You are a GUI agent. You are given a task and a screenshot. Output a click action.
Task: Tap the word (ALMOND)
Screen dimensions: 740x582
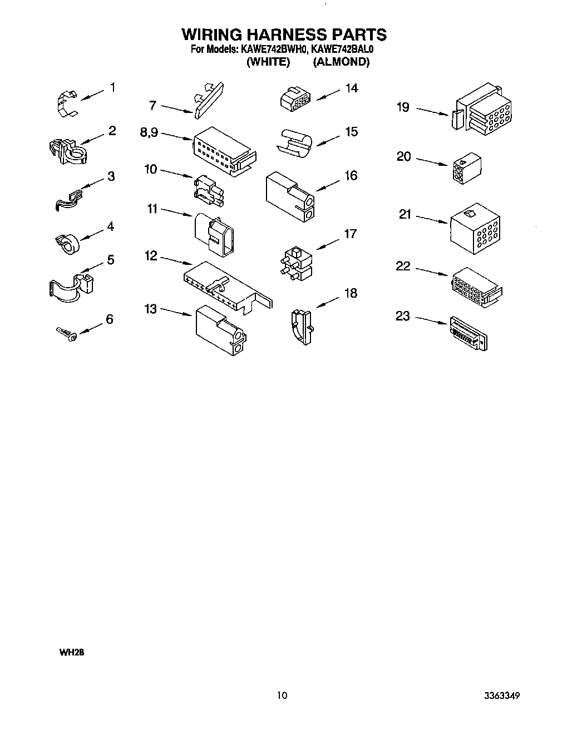coord(341,62)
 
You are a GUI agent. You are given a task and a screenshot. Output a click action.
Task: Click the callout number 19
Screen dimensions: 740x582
coord(403,107)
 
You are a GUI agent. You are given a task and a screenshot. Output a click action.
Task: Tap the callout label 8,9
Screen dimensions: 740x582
coord(149,132)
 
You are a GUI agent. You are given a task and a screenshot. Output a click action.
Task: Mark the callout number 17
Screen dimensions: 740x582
coord(350,234)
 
